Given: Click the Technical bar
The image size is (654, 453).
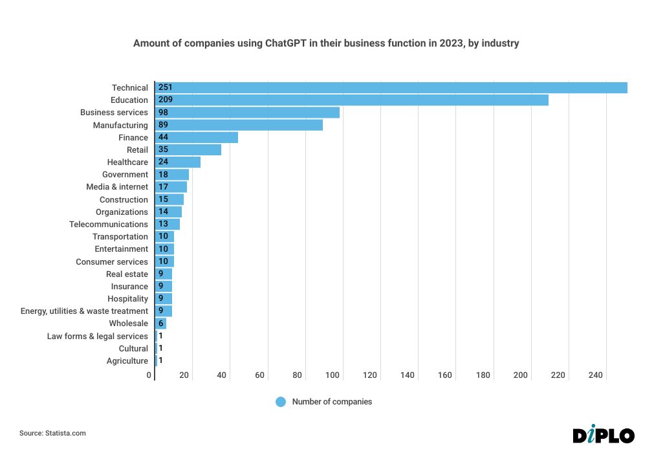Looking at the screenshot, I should (x=391, y=87).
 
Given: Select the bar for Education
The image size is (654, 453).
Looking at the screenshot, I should (x=351, y=100).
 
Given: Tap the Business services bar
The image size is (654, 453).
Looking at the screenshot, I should (x=247, y=113).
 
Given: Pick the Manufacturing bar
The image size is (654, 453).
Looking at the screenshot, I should (x=239, y=125).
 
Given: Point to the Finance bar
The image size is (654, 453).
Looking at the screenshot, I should (x=197, y=137).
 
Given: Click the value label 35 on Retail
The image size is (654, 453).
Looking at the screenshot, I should (x=163, y=149).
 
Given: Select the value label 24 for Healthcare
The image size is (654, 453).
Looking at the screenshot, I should (x=163, y=162).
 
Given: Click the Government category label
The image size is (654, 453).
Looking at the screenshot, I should (x=125, y=175).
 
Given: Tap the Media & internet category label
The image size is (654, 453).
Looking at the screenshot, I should (x=117, y=187).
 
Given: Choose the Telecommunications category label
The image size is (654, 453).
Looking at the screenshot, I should (x=109, y=225).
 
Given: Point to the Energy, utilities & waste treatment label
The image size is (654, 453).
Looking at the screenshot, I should (x=84, y=311).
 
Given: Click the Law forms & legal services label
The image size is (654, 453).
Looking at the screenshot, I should (x=97, y=336).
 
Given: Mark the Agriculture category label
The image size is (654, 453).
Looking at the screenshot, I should (x=127, y=361).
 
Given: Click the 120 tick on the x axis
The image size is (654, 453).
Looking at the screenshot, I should (x=370, y=375).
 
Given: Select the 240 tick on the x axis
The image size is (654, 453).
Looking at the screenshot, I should (x=595, y=375).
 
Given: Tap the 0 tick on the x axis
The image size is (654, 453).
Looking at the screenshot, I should (x=149, y=375).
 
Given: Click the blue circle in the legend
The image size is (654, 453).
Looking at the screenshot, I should (x=281, y=402).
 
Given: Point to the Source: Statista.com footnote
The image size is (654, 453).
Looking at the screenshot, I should (x=52, y=433).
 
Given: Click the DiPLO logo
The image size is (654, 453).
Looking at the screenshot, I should (x=604, y=435).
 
